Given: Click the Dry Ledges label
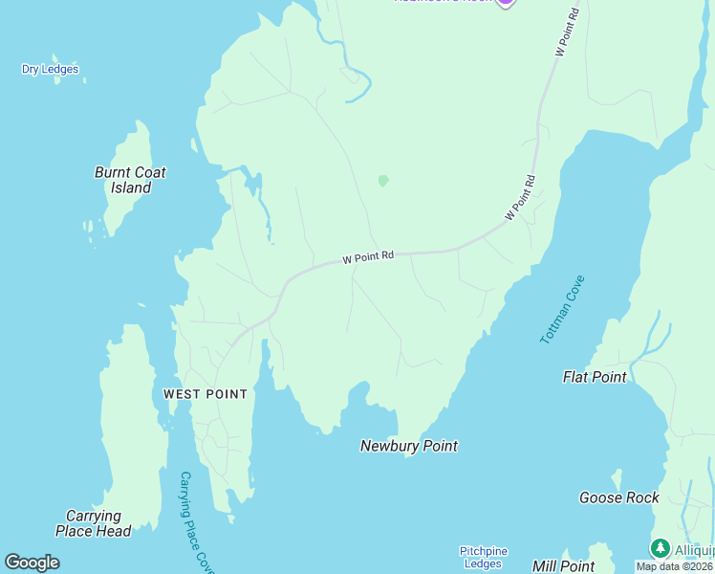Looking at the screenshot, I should click(x=50, y=69).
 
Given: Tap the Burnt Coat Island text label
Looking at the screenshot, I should click(x=130, y=180).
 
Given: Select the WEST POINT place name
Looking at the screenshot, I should click(x=205, y=394).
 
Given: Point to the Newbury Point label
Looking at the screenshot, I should click(x=408, y=446).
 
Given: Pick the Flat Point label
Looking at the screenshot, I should click(x=595, y=377).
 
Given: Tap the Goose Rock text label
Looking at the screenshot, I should click(x=618, y=497).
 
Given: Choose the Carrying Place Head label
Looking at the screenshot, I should click(x=93, y=523).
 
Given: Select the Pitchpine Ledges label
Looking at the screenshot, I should click(x=483, y=557).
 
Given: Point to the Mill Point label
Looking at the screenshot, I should click(x=563, y=566).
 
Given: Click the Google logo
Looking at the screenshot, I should click(x=32, y=563).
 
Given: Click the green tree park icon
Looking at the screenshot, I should click(x=660, y=548).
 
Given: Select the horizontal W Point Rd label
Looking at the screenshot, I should click(x=368, y=257).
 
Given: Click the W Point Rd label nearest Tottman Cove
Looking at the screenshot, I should click(x=520, y=197).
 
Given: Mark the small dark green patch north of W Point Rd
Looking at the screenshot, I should click(x=383, y=180).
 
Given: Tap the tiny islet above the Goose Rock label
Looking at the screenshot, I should click(x=617, y=477).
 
